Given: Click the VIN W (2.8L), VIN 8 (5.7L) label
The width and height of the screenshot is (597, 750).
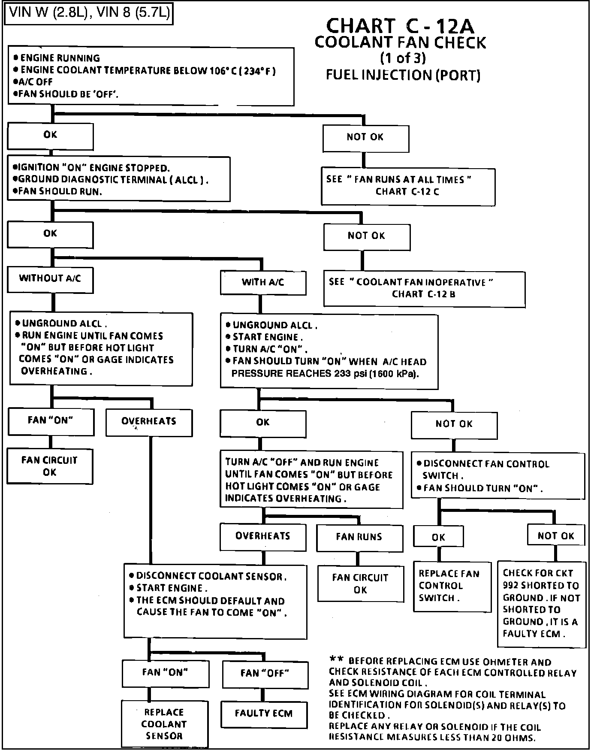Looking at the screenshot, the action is (x=88, y=12).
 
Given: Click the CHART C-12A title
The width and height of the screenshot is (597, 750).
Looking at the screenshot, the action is (x=400, y=26).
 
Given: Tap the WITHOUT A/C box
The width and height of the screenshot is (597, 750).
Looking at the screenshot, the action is (x=50, y=280).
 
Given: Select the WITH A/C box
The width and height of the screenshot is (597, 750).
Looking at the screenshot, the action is (x=263, y=283).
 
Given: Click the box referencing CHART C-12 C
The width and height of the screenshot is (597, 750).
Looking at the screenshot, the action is (x=408, y=186).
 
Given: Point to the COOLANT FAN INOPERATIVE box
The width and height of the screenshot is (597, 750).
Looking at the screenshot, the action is (x=424, y=289).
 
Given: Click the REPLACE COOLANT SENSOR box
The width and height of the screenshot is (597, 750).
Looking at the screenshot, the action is (x=165, y=724).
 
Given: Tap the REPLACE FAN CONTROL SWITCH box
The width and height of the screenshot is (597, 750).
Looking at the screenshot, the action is (x=452, y=587).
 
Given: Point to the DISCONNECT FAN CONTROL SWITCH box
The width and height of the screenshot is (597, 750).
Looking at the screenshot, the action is (x=498, y=475).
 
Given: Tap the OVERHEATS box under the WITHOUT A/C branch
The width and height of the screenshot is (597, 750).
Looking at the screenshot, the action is (x=149, y=423).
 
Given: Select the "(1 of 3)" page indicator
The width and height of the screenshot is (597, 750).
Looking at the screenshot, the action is (x=403, y=58).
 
